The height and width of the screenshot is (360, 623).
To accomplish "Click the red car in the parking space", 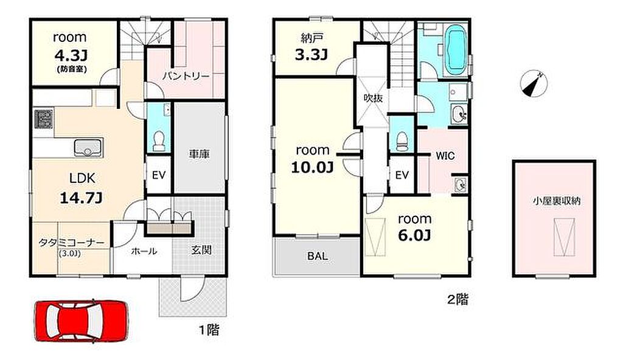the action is point(82,321).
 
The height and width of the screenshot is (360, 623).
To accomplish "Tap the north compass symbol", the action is point(534,84).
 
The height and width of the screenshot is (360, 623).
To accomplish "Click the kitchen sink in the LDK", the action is point(88,148).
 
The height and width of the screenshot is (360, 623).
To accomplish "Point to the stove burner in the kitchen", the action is point(43,119).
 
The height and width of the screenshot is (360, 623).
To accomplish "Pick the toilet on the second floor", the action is point(402,141).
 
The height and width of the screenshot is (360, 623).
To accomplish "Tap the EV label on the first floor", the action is point(159,175).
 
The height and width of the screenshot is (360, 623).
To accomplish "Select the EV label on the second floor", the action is point(402,175).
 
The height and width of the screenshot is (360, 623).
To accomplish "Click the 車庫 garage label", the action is point(200,154).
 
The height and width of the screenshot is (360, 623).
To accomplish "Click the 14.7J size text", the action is point(82,198).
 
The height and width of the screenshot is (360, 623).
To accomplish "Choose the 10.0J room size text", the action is point(312,167).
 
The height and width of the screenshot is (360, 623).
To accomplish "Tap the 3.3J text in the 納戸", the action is point(311,55).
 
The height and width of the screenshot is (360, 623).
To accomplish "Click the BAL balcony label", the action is point(318,256).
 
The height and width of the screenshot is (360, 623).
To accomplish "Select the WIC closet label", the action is point(445,156).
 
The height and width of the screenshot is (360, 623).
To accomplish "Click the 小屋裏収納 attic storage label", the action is point(556,201).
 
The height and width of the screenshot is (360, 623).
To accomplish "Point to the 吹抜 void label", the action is point(374,98).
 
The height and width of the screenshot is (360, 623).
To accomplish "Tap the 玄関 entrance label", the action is point(201,250).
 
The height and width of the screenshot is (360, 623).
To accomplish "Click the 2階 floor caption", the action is point(458,299).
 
